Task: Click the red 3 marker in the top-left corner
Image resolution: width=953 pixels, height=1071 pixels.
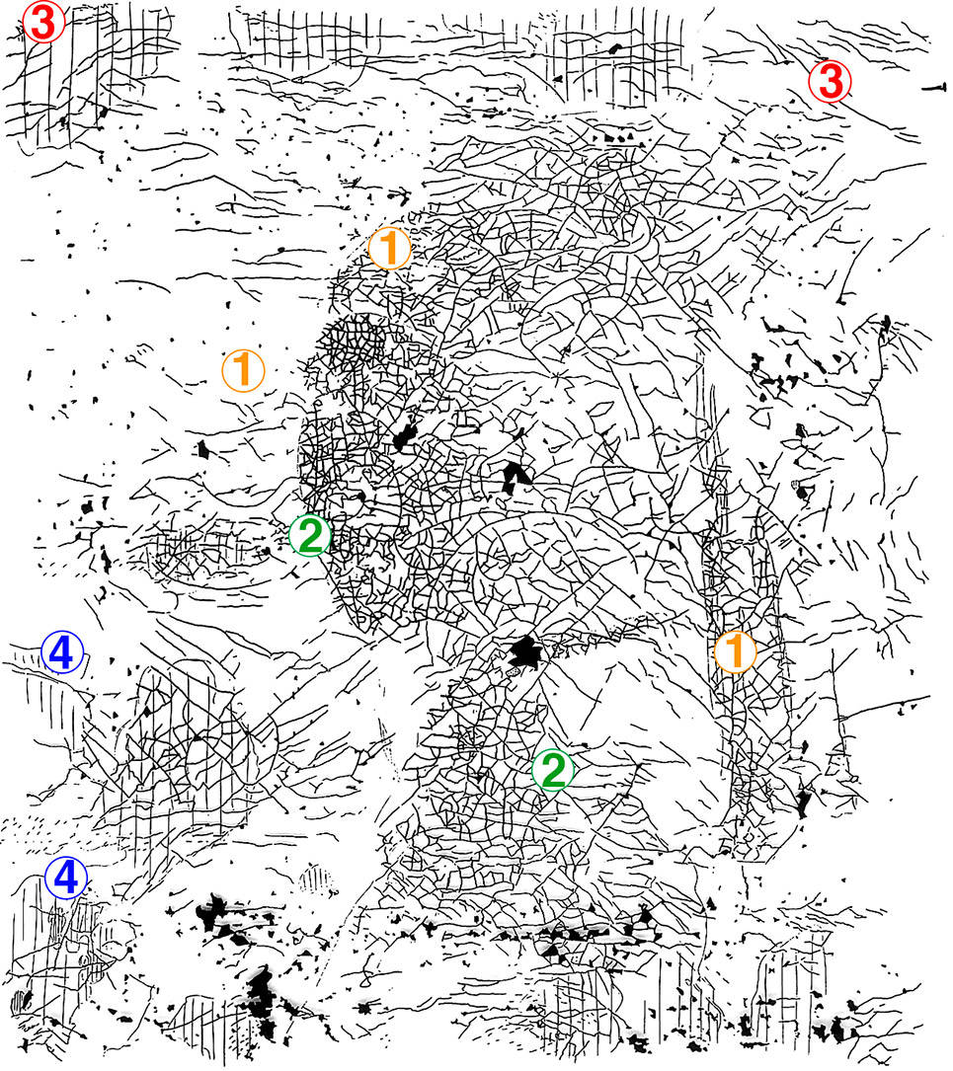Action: point(43,23)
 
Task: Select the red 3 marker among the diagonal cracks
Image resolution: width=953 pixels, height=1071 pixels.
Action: point(830,81)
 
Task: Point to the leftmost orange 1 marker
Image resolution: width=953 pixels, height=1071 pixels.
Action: point(243,370)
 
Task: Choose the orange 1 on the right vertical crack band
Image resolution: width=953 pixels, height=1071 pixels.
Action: point(735,651)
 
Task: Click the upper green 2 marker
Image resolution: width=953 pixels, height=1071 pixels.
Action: point(310,535)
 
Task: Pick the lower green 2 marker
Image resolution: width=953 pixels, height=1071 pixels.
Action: point(553,770)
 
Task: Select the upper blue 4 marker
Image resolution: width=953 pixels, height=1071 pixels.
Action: point(62,652)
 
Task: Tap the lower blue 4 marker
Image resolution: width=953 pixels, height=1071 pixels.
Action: point(66,878)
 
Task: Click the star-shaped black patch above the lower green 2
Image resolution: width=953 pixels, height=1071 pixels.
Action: point(524,652)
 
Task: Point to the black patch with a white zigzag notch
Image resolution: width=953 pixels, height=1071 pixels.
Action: point(515,476)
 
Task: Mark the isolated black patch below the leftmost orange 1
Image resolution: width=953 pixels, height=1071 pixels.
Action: point(202,449)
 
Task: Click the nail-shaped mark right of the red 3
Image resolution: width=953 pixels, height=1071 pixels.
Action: point(934,88)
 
